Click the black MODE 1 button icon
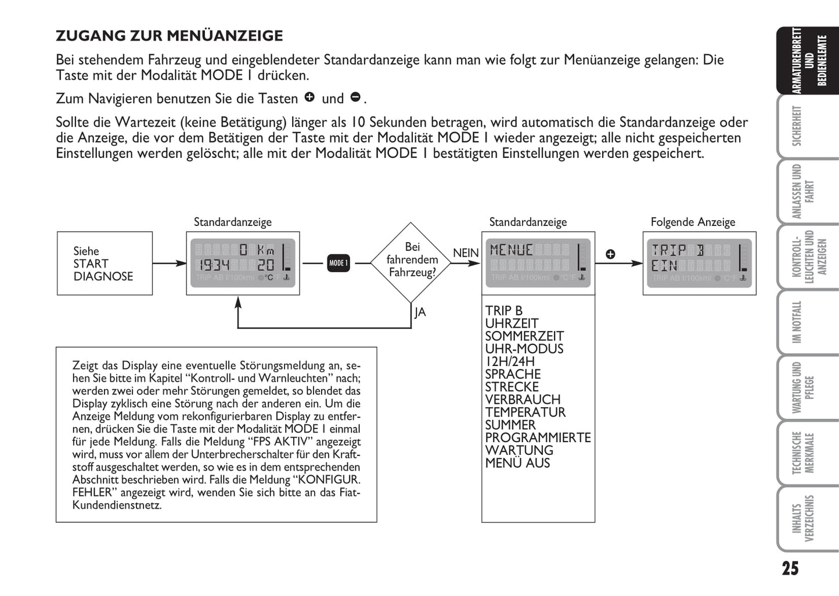click(x=338, y=263)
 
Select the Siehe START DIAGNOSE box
click(x=105, y=264)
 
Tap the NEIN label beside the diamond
click(x=466, y=253)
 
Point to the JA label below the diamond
click(x=420, y=313)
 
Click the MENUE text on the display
click(x=511, y=250)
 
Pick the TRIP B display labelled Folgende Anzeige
click(x=699, y=263)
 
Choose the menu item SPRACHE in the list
click(x=513, y=375)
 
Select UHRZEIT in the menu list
click(x=512, y=324)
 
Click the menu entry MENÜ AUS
click(x=517, y=464)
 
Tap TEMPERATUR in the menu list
click(x=525, y=412)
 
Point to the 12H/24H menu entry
click(x=510, y=362)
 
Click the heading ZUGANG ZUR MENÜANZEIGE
click(x=169, y=36)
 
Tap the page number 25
click(x=790, y=568)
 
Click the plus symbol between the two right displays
click(x=610, y=254)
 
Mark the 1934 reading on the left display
click(x=214, y=265)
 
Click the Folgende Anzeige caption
click(x=693, y=222)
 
